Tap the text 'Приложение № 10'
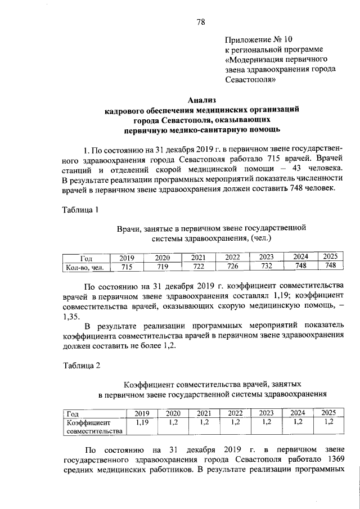tap(259, 40)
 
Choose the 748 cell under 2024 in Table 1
tap(300, 267)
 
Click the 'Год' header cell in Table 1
tap(86, 258)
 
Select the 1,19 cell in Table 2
tap(142, 421)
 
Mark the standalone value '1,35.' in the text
tap(71, 316)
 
